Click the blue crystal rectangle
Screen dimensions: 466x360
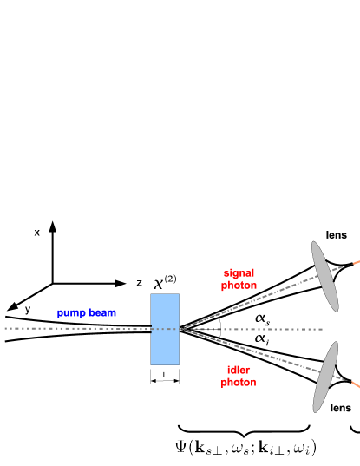point(165,329)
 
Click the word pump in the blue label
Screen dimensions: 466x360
point(71,313)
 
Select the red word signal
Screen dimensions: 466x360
point(239,273)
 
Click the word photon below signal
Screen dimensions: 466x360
point(239,286)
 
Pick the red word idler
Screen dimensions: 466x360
point(239,370)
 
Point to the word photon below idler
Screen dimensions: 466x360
point(239,382)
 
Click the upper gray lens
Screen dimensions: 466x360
point(324,276)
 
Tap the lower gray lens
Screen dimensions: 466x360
point(325,377)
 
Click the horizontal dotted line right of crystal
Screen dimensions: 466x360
point(260,329)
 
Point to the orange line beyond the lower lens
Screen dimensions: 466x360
point(356,384)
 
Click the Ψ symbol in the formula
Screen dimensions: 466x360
point(181,448)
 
